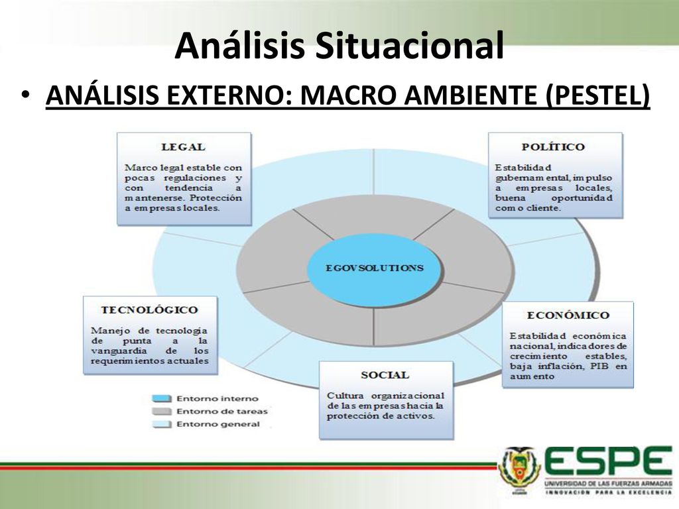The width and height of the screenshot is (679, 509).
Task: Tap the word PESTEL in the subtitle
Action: pyautogui.click(x=597, y=95)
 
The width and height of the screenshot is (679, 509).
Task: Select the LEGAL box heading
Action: pyautogui.click(x=183, y=147)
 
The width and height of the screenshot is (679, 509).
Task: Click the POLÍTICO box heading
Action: pyautogui.click(x=553, y=146)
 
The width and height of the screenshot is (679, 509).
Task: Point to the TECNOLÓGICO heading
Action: pyautogui.click(x=149, y=310)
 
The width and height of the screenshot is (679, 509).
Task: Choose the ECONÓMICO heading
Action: pyautogui.click(x=568, y=315)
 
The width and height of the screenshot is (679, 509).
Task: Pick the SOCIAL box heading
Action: pyautogui.click(x=385, y=375)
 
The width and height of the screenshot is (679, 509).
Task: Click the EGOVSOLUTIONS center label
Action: pyautogui.click(x=375, y=268)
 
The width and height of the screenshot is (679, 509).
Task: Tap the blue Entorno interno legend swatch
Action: pyautogui.click(x=162, y=398)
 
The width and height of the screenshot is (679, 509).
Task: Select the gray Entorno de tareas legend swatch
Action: pyautogui.click(x=162, y=411)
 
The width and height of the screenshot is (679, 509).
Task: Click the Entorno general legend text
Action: pyautogui.click(x=217, y=424)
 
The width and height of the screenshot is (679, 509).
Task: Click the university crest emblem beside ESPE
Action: pyautogui.click(x=519, y=470)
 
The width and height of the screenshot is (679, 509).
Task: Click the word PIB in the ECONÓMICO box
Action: pyautogui.click(x=599, y=366)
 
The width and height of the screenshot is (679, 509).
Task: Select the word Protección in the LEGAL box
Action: pyautogui.click(x=216, y=198)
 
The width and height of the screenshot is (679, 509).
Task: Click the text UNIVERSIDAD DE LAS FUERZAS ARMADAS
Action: pyautogui.click(x=608, y=483)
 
